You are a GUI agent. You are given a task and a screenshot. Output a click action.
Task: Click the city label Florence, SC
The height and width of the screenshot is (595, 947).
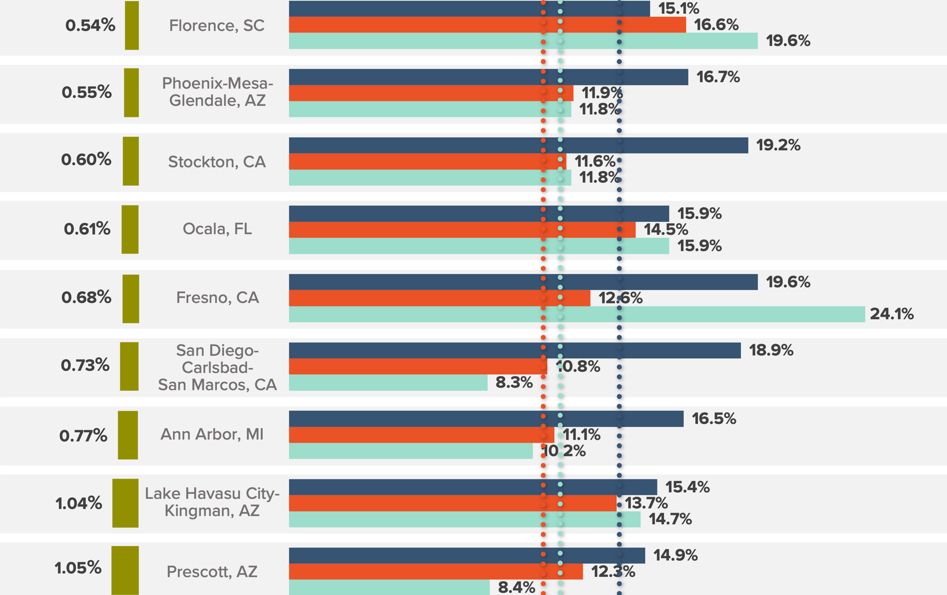[x=217, y=26]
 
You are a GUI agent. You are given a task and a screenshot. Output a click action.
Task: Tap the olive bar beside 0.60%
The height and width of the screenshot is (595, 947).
[x=131, y=161]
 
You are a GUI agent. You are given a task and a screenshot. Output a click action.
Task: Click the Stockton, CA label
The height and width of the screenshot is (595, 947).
[x=217, y=162]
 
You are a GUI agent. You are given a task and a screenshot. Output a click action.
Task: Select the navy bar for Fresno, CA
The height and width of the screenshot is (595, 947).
[x=523, y=282]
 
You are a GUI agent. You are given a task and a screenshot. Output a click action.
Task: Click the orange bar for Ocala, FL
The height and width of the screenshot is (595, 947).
[x=462, y=230]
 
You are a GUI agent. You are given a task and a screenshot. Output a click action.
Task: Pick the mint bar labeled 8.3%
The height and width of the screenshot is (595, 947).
[x=388, y=383]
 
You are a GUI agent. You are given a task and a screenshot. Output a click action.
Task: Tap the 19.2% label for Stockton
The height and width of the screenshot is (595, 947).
[x=778, y=145]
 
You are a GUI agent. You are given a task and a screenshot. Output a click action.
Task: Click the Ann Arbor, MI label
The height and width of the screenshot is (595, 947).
[x=212, y=434]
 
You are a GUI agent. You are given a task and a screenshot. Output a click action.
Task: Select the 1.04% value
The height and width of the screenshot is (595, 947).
[x=79, y=503]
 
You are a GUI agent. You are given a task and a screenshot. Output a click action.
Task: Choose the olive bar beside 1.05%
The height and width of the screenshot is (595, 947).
[x=125, y=570]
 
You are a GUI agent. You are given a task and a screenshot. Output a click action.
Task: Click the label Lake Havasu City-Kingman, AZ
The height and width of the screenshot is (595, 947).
[x=212, y=502]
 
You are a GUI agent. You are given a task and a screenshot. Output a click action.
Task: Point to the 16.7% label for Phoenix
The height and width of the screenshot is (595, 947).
[x=718, y=77]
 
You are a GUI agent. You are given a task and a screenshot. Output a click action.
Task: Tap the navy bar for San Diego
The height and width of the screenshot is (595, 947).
[x=515, y=351]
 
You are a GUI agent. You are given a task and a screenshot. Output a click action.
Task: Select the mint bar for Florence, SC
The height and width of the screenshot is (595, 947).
[x=523, y=41]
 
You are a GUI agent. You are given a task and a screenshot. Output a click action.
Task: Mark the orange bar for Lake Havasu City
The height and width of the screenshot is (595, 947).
[x=452, y=503]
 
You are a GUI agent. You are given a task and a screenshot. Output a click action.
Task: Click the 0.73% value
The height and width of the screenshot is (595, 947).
[x=85, y=365]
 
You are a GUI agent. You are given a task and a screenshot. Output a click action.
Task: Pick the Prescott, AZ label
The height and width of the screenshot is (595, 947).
[x=212, y=572]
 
